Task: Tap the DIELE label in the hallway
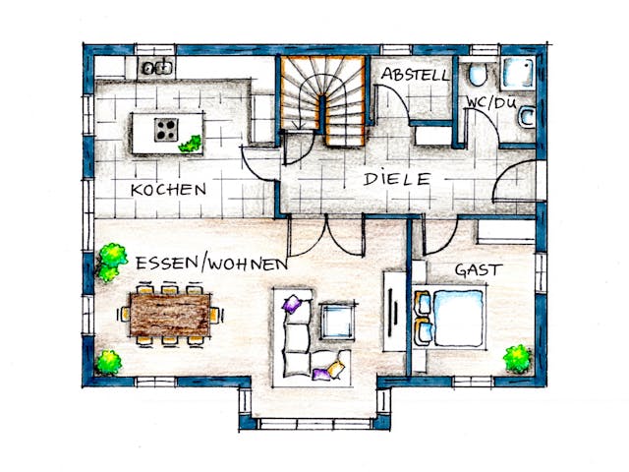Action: (396, 179)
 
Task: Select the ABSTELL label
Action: (415, 75)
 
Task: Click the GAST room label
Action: (478, 269)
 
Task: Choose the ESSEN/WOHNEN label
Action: (211, 264)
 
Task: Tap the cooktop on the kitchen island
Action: (165, 128)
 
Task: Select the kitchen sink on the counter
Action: (156, 68)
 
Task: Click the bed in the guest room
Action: (451, 317)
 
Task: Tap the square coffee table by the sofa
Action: (336, 320)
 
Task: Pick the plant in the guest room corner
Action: (517, 358)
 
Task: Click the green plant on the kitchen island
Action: (191, 144)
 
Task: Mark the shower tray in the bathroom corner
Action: (517, 73)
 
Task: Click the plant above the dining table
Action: (112, 260)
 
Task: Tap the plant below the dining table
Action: (109, 362)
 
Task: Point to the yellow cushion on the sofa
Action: (336, 369)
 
